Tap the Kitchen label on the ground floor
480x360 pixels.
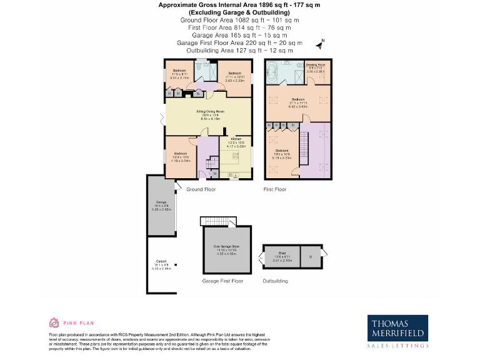[236, 139]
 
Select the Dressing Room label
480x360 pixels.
[316, 65]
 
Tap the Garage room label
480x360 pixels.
[161, 202]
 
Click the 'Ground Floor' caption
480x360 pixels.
[201, 189]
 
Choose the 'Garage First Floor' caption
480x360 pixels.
[223, 281]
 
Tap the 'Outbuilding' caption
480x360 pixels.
[275, 281]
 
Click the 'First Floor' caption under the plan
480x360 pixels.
[275, 189]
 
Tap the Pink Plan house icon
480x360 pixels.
[54, 322]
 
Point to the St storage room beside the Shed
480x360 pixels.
[311, 256]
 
